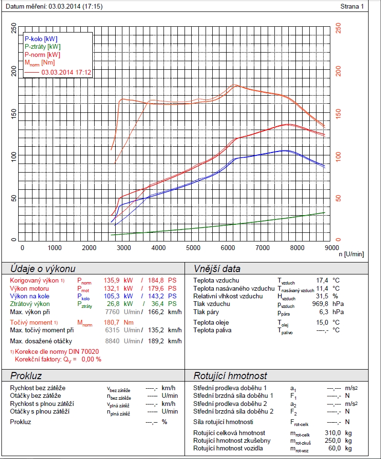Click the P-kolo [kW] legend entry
coord(42,38)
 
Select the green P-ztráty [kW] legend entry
coord(43,46)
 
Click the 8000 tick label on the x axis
coord(297,248)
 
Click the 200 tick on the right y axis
coord(339,72)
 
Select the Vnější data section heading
coord(217,269)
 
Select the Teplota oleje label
coord(211,322)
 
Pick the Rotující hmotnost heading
coord(230,376)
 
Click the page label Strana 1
coord(352,7)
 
